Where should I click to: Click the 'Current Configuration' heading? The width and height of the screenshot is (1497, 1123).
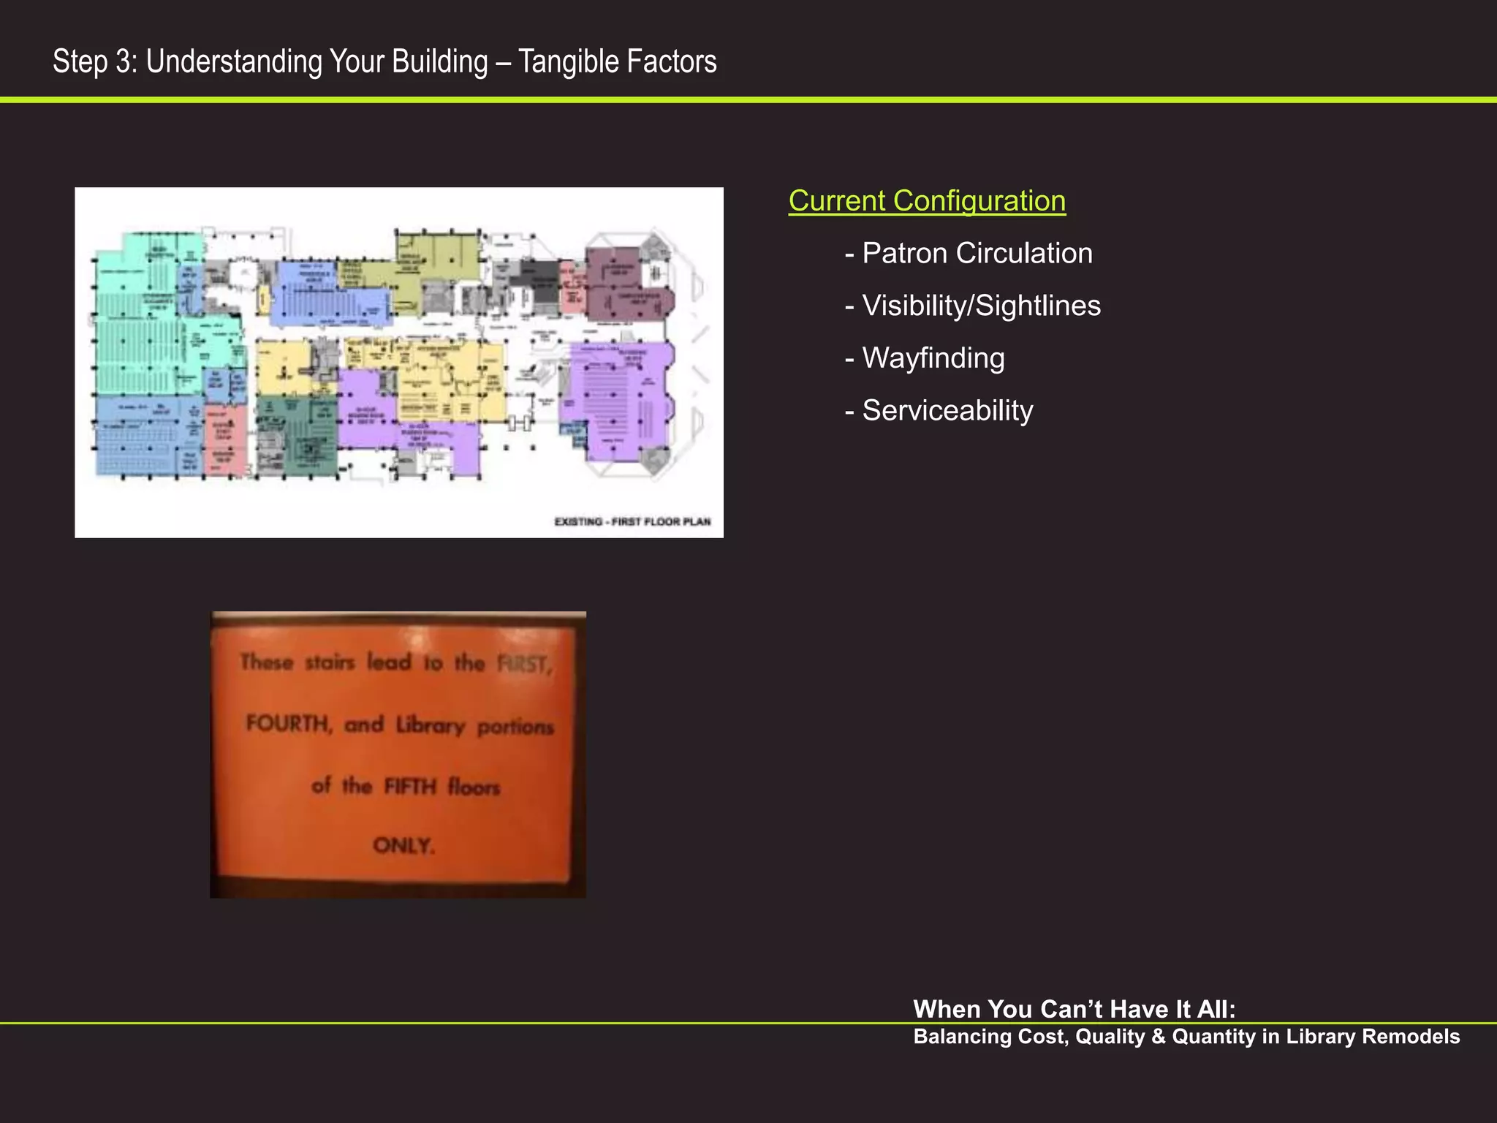coord(927,201)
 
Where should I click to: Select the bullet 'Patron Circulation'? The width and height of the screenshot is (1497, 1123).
coord(977,253)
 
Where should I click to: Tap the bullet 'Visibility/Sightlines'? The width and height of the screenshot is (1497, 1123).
coord(981,306)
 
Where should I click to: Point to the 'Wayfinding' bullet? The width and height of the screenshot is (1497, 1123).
coord(933,358)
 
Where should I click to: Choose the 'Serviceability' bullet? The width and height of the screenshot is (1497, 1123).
coord(947,411)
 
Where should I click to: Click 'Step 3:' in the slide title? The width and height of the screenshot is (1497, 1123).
coord(95,61)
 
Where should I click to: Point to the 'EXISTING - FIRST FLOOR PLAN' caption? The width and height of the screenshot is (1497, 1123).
coord(632,521)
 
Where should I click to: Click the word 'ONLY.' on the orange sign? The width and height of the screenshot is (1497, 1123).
coord(403,846)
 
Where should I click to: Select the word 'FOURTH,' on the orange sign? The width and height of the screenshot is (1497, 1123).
coord(289,724)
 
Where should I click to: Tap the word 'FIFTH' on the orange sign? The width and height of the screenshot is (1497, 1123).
coord(410,787)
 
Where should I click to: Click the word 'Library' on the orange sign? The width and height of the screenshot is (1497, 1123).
coord(431,725)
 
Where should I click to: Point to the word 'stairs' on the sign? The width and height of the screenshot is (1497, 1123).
coord(330,662)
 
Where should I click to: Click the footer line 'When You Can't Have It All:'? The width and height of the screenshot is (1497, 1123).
coord(1074,1009)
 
